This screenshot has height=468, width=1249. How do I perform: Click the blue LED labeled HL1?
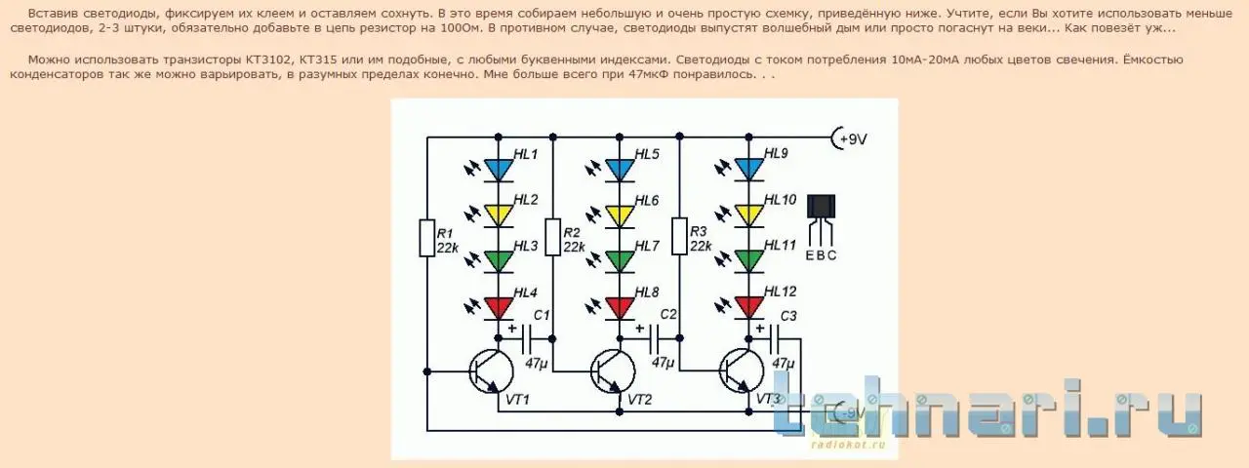[x=499, y=169]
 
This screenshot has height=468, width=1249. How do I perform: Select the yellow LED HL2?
[x=499, y=214]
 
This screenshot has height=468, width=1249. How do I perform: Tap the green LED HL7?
[x=620, y=260]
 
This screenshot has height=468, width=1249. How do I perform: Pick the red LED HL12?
[x=748, y=307]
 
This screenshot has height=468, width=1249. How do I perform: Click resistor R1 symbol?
[x=426, y=238]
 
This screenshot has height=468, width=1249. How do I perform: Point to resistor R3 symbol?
[x=680, y=236]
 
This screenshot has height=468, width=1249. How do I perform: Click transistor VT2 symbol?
[x=613, y=370]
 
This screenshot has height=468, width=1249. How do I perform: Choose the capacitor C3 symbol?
[x=778, y=338]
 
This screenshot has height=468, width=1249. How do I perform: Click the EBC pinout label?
[x=822, y=255]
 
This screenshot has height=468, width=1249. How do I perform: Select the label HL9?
[x=777, y=153]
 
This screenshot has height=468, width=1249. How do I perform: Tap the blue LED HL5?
[x=620, y=169]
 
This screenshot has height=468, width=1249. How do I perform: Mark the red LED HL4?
[x=499, y=307]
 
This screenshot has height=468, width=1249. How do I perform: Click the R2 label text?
[x=573, y=232]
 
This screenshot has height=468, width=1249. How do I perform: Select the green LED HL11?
[x=748, y=260]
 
